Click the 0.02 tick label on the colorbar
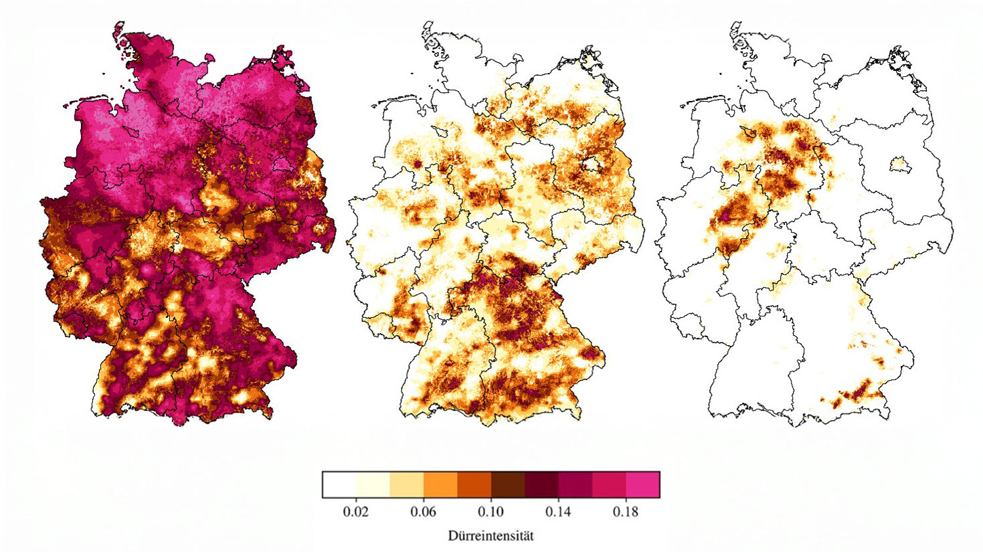pyautogui.click(x=356, y=512)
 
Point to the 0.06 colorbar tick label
pyautogui.click(x=424, y=512)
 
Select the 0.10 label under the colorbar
pyautogui.click(x=491, y=512)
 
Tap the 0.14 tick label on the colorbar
pyautogui.click(x=558, y=512)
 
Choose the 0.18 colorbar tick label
pyautogui.click(x=626, y=512)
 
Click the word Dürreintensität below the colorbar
pyautogui.click(x=490, y=536)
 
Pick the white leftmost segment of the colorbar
pyautogui.click(x=339, y=484)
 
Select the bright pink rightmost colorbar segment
pyautogui.click(x=642, y=484)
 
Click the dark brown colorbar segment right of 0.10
pyautogui.click(x=508, y=484)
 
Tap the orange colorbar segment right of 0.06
pyautogui.click(x=440, y=484)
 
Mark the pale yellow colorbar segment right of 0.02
pyautogui.click(x=373, y=484)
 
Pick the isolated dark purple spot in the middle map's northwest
pyautogui.click(x=417, y=163)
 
